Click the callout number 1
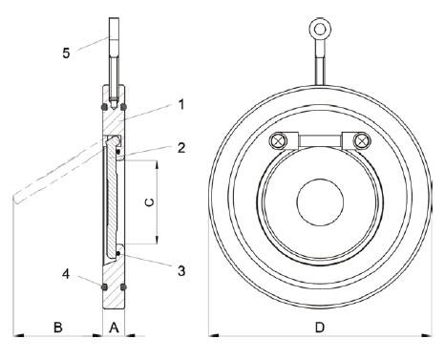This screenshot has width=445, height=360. (181, 104)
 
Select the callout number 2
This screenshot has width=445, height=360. (181, 148)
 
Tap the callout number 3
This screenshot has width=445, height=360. (181, 271)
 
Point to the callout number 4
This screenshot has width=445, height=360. (66, 274)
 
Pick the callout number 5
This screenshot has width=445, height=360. (66, 53)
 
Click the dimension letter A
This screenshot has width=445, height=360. (114, 328)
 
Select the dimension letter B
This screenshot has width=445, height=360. (58, 328)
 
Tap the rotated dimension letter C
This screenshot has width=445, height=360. (149, 202)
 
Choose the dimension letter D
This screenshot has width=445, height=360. (319, 328)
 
